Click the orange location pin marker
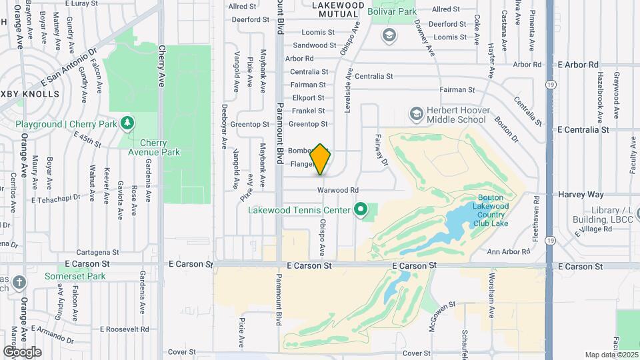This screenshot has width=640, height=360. (x=321, y=159)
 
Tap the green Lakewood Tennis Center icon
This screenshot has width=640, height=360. (x=361, y=211)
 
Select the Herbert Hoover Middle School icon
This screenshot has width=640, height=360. (x=417, y=114)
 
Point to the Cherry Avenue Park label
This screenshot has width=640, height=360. (x=160, y=147)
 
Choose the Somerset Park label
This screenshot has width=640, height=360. (x=75, y=276)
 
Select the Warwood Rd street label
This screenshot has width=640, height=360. (x=338, y=190)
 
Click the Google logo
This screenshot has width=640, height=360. (x=22, y=351)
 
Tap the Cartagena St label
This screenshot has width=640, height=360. (x=97, y=253)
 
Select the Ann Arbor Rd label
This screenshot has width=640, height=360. (x=508, y=252)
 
